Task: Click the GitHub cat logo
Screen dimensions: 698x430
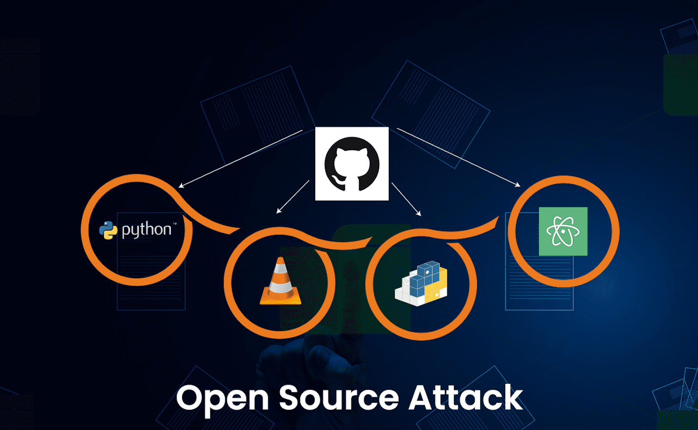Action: pyautogui.click(x=352, y=164)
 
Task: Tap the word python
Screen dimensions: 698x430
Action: pyautogui.click(x=147, y=230)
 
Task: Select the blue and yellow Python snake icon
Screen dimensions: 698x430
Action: pyautogui.click(x=108, y=230)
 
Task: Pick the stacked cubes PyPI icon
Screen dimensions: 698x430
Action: pyautogui.click(x=421, y=283)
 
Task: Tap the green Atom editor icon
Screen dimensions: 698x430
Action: pyautogui.click(x=563, y=231)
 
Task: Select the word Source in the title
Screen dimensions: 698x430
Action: pyautogui.click(x=339, y=397)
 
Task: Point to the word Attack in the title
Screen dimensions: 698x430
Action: pyautogui.click(x=465, y=397)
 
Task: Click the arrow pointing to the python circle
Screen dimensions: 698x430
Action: pyautogui.click(x=240, y=159)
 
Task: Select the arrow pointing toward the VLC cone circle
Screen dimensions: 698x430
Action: pyautogui.click(x=293, y=197)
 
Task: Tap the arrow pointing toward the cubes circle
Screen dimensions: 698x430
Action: pyautogui.click(x=406, y=199)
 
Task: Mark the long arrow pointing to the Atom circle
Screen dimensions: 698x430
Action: pyautogui.click(x=459, y=157)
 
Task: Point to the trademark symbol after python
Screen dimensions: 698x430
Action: pyautogui.click(x=175, y=224)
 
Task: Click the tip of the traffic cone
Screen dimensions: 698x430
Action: pyautogui.click(x=281, y=258)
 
